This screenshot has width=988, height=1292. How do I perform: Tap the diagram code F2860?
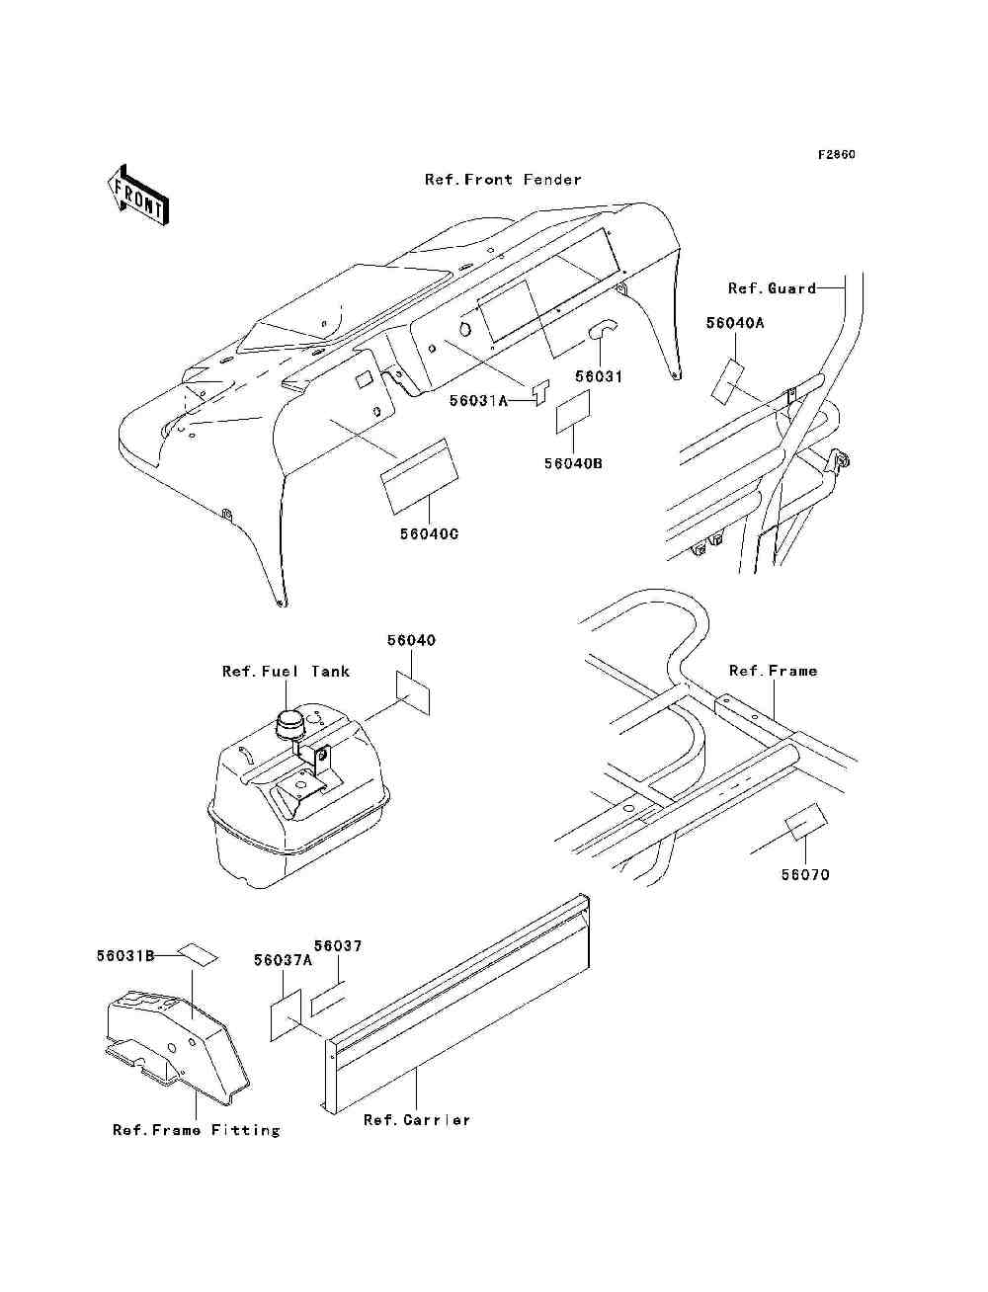pos(835,155)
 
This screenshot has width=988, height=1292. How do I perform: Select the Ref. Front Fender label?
pos(503,180)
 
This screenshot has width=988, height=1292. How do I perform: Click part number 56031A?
pos(478,400)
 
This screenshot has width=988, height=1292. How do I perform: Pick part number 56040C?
pos(429,534)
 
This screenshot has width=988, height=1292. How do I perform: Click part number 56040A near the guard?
pos(735,323)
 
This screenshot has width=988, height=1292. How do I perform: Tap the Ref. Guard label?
pos(772,288)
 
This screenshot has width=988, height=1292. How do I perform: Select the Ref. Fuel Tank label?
pos(286,672)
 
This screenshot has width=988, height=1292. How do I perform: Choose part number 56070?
pos(805,875)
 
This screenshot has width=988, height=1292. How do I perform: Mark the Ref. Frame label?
pos(773,671)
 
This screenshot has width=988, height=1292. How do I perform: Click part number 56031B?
pos(125,956)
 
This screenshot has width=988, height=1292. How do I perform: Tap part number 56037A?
pos(283,960)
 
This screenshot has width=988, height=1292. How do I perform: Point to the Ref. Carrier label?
pos(416,1120)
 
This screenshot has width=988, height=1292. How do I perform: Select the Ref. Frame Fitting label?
pos(196,1130)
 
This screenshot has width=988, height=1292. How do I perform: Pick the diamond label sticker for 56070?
pos(806,822)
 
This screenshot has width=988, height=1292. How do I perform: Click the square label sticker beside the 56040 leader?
pos(413,691)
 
